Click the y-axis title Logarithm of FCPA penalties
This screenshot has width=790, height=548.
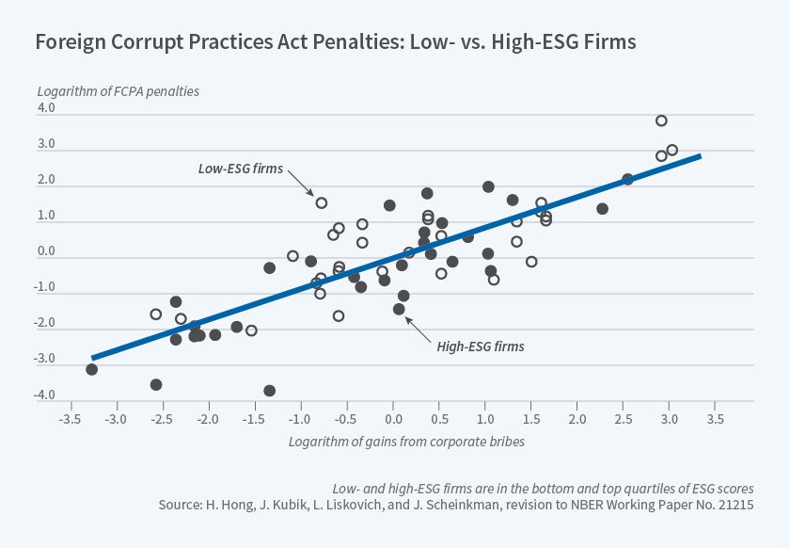pos(118,91)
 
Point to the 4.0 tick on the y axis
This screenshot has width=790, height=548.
pos(46,108)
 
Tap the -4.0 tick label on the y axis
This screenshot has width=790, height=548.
pos(44,395)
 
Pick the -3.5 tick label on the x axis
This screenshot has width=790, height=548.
pos(70,417)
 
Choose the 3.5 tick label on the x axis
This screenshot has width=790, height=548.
pos(715,417)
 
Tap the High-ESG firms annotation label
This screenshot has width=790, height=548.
pos(481,347)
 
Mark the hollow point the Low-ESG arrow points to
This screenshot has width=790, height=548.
pos(322,202)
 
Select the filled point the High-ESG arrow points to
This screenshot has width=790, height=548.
pos(399,309)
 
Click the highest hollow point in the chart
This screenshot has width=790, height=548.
pos(661,121)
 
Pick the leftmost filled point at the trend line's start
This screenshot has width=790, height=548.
pos(91,369)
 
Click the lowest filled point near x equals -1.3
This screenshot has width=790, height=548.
pos(270,391)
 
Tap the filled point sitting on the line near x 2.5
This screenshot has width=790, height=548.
pos(627,179)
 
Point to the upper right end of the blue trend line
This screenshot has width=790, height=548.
pos(701,155)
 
